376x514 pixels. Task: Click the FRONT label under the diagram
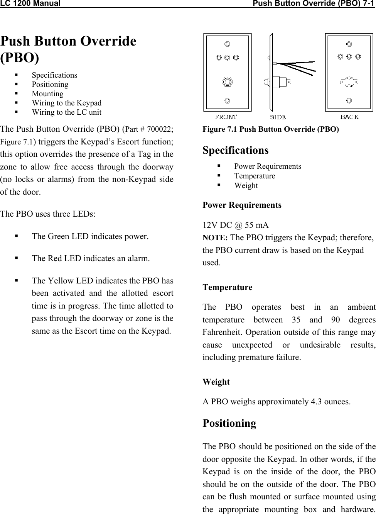226,117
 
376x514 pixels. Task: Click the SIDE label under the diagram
278,117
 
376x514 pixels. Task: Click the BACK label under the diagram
349,117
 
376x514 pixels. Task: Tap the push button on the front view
228,82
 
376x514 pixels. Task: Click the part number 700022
159,129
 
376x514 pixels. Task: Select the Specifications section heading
236,150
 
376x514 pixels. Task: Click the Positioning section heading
229,423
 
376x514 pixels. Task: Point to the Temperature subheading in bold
228,287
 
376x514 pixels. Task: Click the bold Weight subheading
216,382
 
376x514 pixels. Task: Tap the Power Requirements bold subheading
242,205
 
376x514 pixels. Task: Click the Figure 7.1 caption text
271,129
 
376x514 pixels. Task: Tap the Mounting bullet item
48,94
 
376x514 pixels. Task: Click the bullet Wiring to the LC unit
67,112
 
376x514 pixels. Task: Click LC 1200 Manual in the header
30,4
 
